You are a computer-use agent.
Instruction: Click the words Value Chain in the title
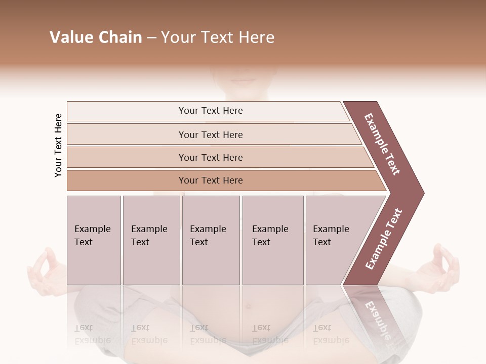(96, 37)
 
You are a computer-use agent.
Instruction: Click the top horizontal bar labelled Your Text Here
(210, 111)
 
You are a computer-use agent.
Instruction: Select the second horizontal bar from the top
(210, 134)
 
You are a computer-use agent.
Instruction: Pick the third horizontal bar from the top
(210, 157)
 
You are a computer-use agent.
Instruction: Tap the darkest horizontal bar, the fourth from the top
(210, 180)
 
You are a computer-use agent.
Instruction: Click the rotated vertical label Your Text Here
(58, 145)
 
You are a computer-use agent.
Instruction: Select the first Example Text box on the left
(94, 240)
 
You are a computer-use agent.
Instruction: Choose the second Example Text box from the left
(151, 240)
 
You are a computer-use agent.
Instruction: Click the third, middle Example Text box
(211, 240)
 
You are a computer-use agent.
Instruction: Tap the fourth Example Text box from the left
(272, 240)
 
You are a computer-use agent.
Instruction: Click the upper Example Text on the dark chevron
(382, 144)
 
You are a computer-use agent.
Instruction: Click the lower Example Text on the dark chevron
(384, 239)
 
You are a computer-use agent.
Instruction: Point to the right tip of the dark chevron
(423, 193)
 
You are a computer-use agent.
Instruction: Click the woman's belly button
(248, 306)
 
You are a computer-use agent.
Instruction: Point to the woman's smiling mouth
(244, 80)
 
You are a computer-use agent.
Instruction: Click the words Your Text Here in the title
(218, 37)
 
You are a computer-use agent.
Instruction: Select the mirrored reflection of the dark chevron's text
(377, 318)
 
